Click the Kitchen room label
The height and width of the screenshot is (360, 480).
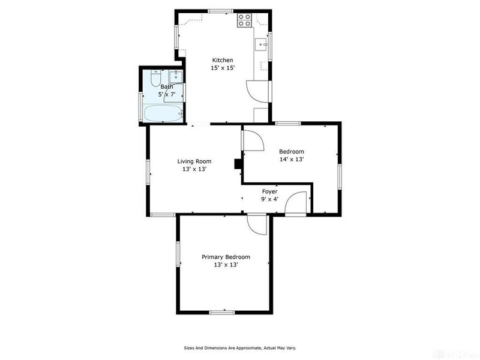click(x=222, y=60)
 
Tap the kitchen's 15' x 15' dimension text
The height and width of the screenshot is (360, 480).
click(x=222, y=68)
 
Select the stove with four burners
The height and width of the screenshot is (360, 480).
click(x=244, y=20)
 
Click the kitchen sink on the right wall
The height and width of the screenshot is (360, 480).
click(x=262, y=43)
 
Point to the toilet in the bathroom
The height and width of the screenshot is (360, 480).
click(x=155, y=79)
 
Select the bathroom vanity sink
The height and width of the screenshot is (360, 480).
click(x=175, y=77)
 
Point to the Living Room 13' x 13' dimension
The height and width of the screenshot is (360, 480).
click(x=194, y=169)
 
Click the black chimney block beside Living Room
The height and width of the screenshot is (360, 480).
click(x=238, y=163)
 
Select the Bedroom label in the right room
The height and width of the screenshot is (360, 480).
click(x=292, y=152)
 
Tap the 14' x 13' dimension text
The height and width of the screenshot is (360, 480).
click(x=292, y=160)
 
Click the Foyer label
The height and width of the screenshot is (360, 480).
click(x=269, y=191)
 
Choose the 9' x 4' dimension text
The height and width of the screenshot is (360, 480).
click(x=269, y=199)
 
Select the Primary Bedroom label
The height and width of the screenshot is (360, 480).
click(x=226, y=257)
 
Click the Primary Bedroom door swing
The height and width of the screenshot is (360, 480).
click(x=256, y=225)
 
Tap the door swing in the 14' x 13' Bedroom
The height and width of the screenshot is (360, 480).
click(x=253, y=140)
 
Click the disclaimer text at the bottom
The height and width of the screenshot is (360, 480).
click(x=240, y=347)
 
